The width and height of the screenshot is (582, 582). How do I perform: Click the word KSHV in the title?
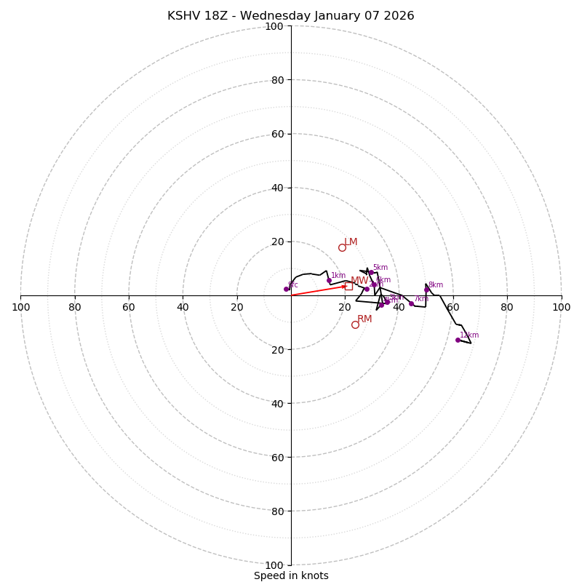[182, 16]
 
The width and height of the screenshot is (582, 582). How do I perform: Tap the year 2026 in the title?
[397, 16]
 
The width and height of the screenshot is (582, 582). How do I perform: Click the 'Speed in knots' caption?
[291, 575]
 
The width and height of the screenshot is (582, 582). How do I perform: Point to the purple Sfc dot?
[287, 289]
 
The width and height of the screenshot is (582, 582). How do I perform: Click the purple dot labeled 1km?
[329, 280]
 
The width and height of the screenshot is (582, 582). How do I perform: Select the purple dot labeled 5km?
[371, 273]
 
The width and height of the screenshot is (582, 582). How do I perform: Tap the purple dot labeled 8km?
[427, 290]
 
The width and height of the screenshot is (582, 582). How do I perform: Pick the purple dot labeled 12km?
[458, 340]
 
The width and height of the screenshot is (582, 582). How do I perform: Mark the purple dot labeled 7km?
[411, 303]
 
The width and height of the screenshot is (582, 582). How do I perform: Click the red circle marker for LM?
[342, 247]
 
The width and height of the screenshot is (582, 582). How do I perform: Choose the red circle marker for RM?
[355, 324]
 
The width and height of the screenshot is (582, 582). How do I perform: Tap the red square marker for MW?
[348, 286]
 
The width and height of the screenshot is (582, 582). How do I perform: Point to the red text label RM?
[364, 319]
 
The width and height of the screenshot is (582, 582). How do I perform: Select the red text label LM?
[351, 242]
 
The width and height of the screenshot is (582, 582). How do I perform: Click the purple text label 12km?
[469, 335]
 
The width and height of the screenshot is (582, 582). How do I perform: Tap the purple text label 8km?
[435, 284]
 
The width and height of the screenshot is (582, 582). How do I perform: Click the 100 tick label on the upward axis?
[274, 26]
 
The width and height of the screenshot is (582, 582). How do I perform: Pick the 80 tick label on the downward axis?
[277, 511]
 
